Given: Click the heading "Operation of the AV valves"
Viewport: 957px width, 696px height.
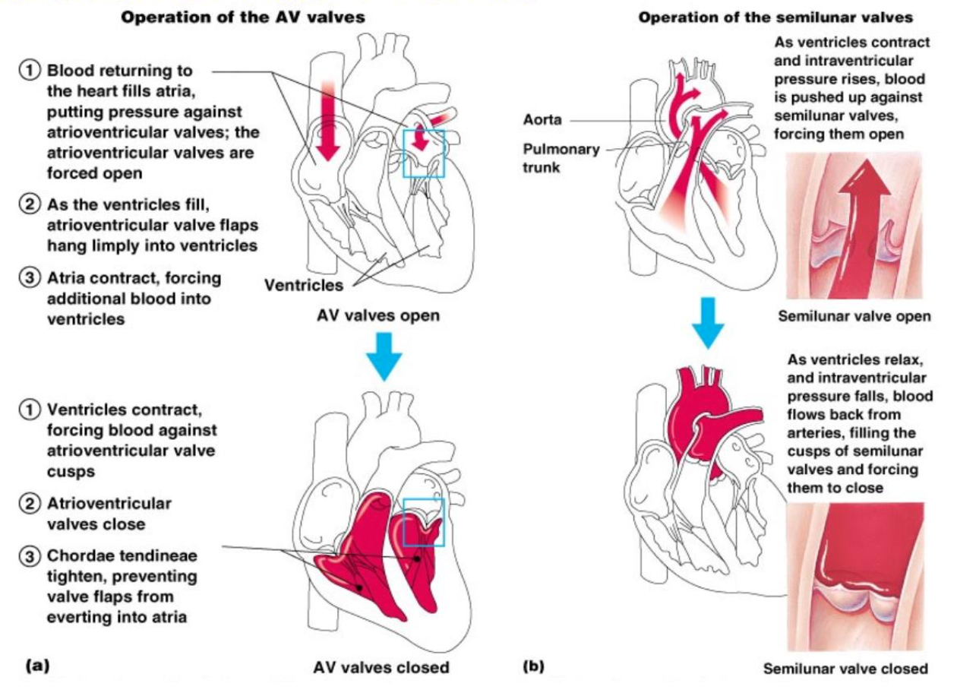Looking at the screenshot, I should click(x=243, y=17).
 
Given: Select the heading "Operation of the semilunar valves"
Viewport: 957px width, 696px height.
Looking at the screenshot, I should click(x=775, y=17).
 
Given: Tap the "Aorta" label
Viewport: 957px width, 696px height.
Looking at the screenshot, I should click(x=542, y=120).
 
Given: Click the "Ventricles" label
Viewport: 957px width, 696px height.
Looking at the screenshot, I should click(x=303, y=286).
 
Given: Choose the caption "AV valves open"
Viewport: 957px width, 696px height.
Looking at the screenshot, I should click(x=377, y=315).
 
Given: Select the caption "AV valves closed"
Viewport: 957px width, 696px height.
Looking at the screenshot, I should click(x=381, y=668).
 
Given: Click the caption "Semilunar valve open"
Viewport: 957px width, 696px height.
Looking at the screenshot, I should click(x=854, y=316).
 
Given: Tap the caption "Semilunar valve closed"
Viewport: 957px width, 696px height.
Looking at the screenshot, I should click(x=845, y=669).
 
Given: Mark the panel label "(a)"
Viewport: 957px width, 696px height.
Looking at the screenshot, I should click(x=37, y=666).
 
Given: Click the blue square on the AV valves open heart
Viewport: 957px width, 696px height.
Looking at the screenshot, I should click(x=423, y=153).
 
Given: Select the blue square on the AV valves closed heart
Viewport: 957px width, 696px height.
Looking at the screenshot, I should click(x=423, y=522).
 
